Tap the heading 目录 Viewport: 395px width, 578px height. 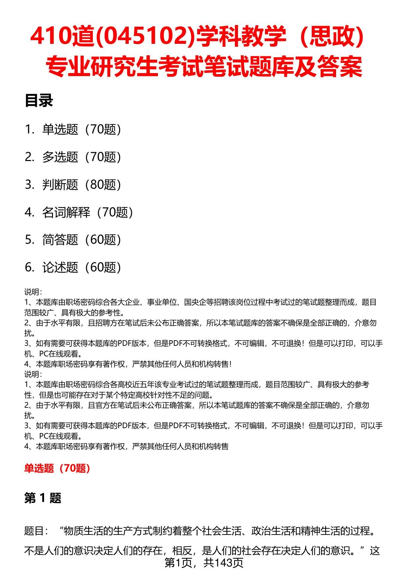(x=39, y=101)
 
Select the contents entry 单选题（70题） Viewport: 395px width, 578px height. (x=82, y=129)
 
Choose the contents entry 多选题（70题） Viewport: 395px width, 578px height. (x=82, y=157)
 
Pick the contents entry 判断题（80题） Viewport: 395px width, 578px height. (x=82, y=185)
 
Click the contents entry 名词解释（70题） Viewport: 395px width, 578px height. (x=88, y=212)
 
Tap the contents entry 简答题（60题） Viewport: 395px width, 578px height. (x=82, y=240)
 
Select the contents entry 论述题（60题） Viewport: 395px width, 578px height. (x=82, y=267)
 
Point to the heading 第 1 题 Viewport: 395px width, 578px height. (x=43, y=498)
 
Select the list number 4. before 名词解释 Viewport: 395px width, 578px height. (x=30, y=212)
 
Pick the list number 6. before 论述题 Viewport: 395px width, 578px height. (x=30, y=267)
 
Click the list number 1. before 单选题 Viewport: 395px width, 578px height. (x=30, y=129)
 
